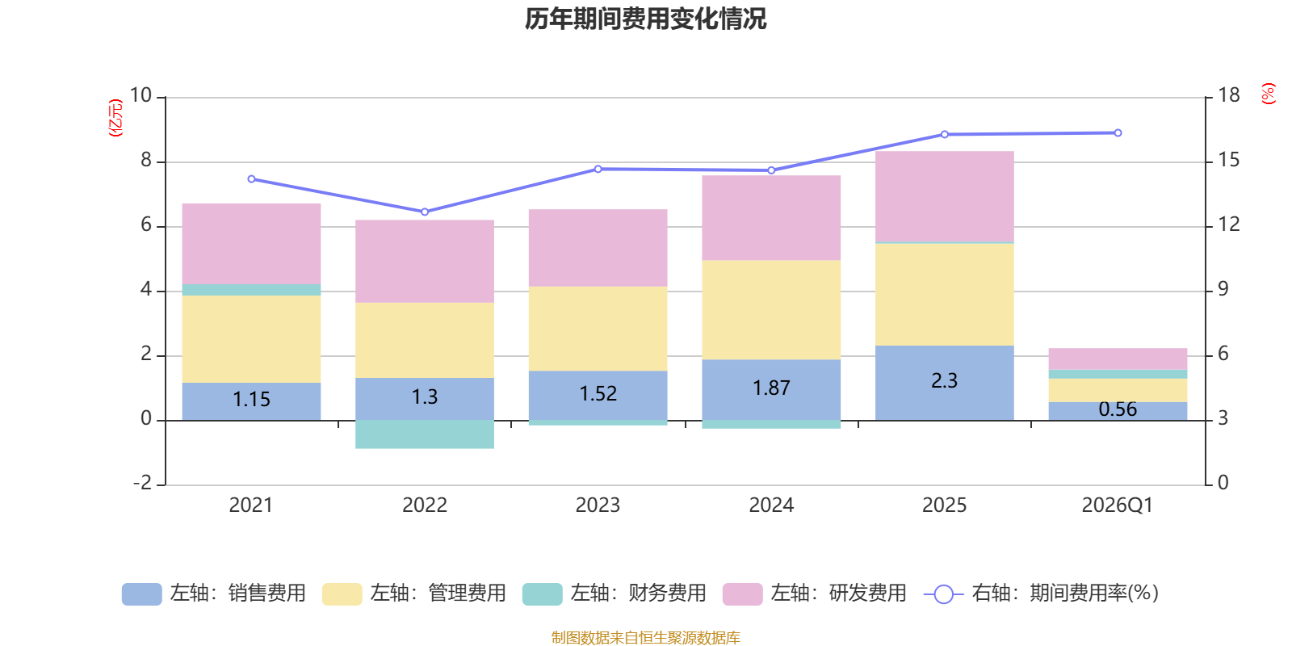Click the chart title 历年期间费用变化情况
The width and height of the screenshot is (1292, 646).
pos(645,19)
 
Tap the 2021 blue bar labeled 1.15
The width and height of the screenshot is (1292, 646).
pos(251,401)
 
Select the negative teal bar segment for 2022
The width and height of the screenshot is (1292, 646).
pos(425,434)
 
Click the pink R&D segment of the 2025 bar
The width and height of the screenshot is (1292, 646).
pos(945,196)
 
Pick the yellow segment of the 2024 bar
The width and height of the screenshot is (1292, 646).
pos(771,310)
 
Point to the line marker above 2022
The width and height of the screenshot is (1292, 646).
pos(425,212)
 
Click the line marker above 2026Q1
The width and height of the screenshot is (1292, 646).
pos(1118,133)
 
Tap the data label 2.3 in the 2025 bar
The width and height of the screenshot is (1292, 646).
pos(944,380)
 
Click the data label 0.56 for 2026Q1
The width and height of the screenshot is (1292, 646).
pos(1118,409)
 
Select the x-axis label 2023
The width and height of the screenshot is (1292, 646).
pos(598,505)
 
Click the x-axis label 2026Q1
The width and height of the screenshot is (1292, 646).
pos(1117,505)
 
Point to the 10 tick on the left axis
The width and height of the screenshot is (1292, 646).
pos(141,96)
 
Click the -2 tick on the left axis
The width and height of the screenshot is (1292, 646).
pos(143,483)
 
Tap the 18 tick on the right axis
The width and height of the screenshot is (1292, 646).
pos(1229,96)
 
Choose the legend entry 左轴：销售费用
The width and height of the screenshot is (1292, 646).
pos(215,594)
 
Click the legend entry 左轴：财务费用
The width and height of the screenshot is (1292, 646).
pos(615,594)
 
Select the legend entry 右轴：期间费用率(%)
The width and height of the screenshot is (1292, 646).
pos(1041,594)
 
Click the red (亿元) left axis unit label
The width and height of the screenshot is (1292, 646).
pos(116,118)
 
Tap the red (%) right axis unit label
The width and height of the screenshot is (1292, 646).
pos(1269,94)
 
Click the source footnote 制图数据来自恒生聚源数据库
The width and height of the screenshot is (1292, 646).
pos(645,638)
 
